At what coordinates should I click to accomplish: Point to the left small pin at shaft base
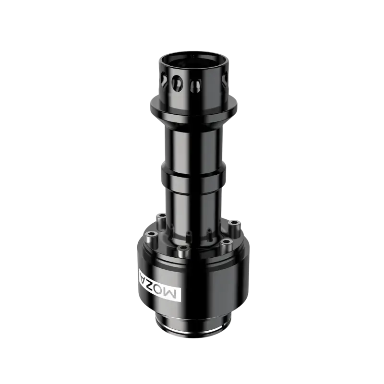(189, 236)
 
